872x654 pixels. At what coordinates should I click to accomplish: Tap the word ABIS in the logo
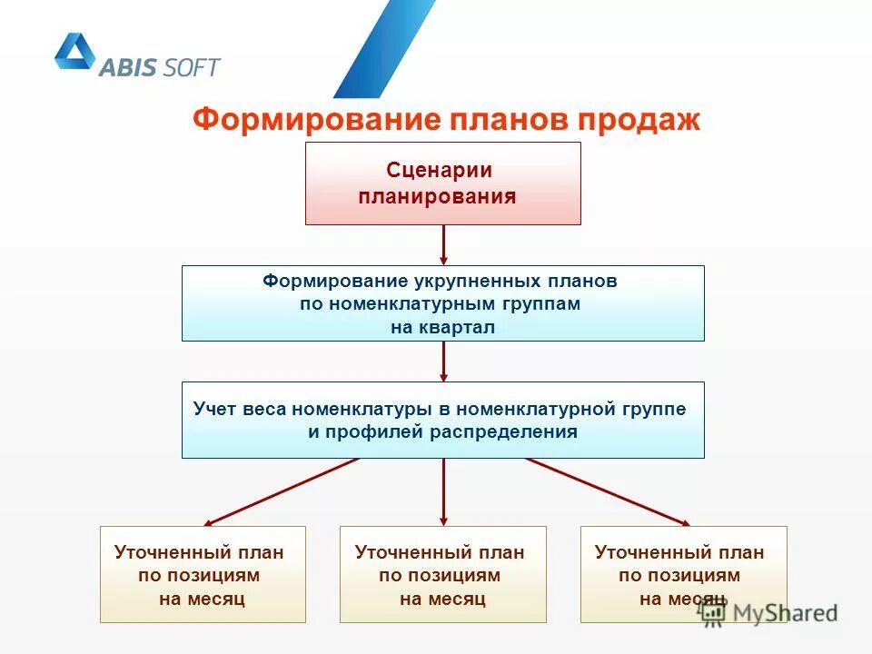(130, 66)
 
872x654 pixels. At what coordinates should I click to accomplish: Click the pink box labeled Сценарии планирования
(442, 183)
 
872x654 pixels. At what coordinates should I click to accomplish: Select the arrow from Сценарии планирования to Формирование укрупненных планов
(443, 244)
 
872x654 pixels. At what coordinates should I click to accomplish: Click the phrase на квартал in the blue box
(443, 328)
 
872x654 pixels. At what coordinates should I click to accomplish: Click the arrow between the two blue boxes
(443, 361)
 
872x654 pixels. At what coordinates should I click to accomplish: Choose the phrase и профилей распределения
(442, 431)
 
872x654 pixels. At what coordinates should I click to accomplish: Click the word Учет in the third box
(215, 409)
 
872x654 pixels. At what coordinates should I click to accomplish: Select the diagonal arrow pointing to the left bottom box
(282, 491)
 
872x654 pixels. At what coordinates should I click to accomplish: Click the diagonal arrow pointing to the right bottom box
(607, 491)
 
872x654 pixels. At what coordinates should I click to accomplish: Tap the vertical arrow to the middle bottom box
(443, 491)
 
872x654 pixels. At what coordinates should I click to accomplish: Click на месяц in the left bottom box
(202, 599)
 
